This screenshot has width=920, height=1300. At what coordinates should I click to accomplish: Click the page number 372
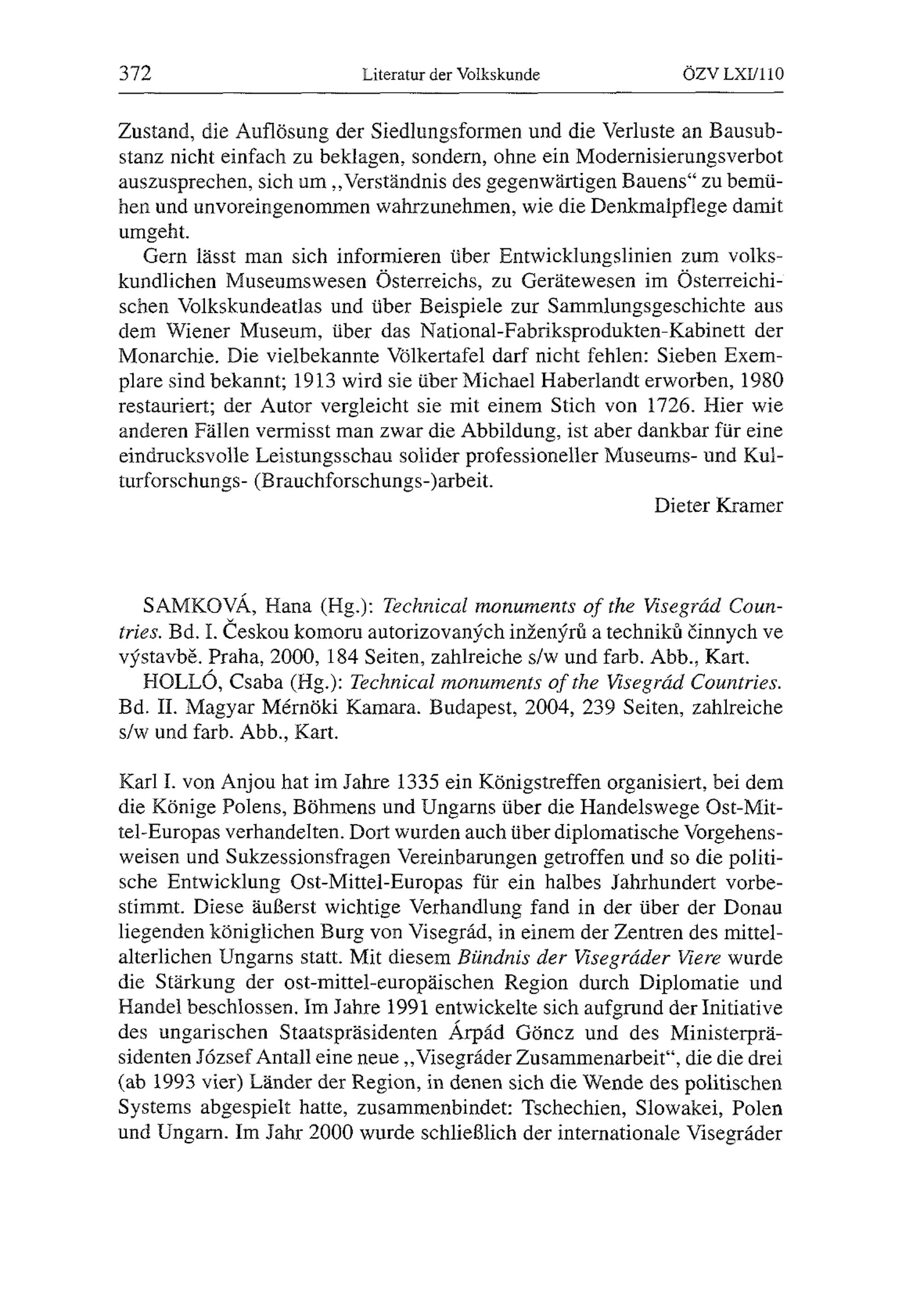click(135, 74)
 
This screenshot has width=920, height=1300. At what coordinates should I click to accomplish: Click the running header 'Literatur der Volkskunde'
click(451, 75)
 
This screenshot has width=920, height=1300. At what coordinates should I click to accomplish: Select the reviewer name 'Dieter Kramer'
click(719, 506)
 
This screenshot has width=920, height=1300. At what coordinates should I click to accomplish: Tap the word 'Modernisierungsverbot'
click(678, 157)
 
